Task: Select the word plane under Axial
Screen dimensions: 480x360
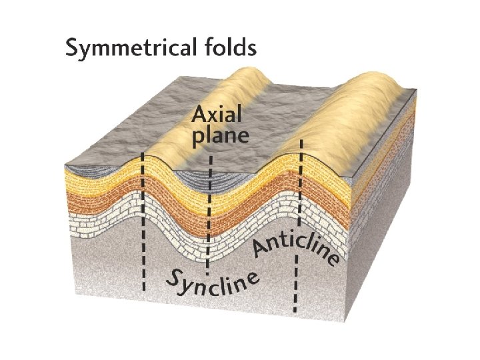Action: [x=220, y=137]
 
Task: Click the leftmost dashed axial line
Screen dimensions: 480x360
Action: [x=143, y=227]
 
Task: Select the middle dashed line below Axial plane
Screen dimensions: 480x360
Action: [x=209, y=220]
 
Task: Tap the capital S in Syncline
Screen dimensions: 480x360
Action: [x=173, y=281]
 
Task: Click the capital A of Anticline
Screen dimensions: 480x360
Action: [x=261, y=249]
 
